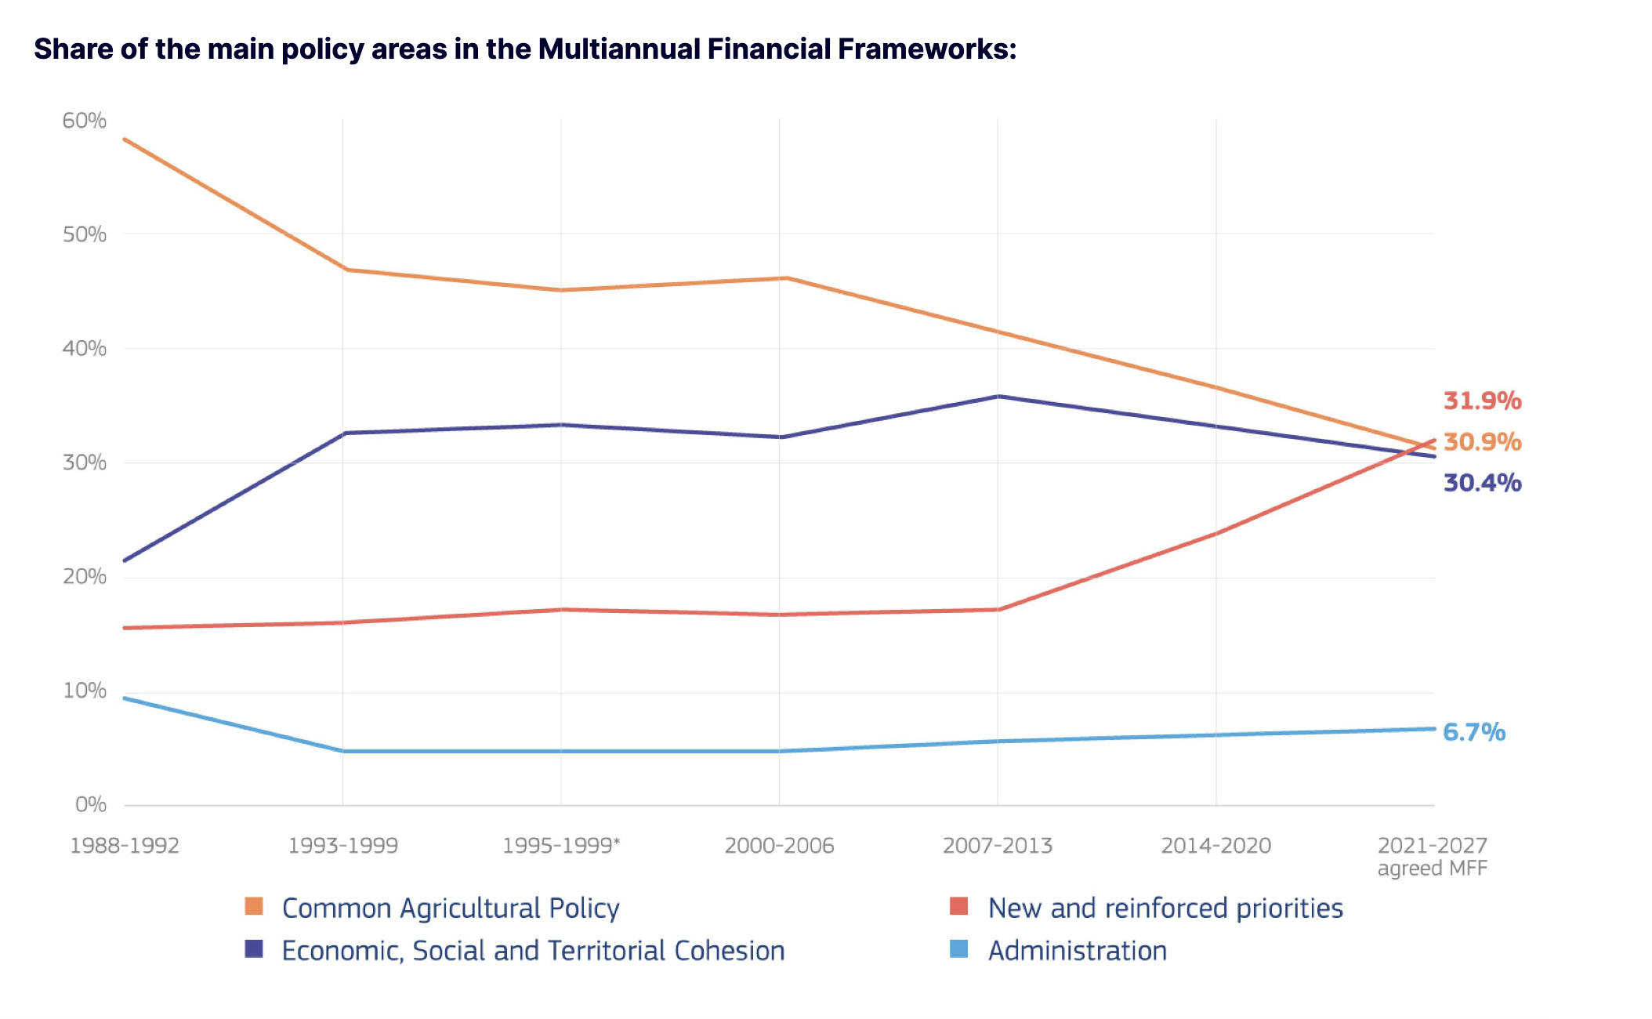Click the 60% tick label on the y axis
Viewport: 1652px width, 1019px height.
84,121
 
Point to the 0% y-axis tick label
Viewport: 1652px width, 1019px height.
90,804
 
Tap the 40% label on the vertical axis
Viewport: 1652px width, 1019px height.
84,348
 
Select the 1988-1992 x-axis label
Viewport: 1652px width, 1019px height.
125,846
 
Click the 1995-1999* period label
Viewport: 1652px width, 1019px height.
561,846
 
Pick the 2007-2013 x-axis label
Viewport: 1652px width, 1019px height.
997,846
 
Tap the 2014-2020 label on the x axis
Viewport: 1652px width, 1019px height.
1215,846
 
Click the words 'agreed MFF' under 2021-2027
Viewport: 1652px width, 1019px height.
1432,869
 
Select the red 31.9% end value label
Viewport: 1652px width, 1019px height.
1482,401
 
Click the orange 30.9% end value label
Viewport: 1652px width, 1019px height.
1482,442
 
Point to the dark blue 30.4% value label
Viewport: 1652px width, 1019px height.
1482,483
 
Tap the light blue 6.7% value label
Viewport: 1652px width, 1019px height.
1473,732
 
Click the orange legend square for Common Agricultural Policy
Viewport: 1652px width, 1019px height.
254,907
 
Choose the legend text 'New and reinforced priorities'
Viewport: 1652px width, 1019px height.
1165,908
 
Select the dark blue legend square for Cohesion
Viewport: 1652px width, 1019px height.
254,949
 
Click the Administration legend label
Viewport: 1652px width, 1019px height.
1077,950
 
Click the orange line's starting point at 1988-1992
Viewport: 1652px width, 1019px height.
125,140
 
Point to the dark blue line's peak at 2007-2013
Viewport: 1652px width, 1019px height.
998,397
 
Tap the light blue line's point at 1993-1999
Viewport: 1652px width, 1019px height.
343,751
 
